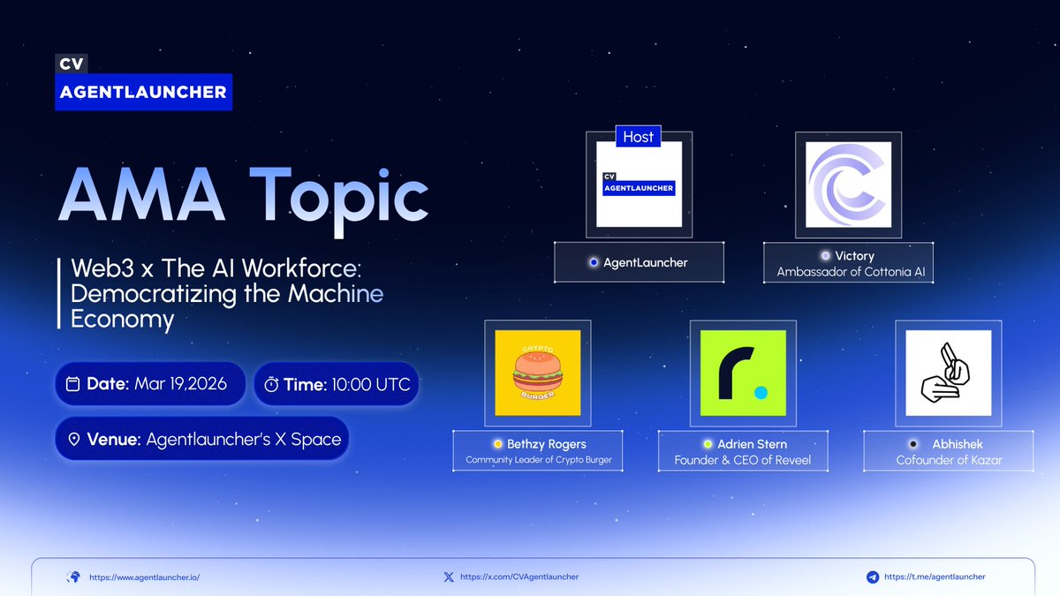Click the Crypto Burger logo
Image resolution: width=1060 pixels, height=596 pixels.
click(537, 373)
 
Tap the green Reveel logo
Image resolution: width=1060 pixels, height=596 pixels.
click(743, 373)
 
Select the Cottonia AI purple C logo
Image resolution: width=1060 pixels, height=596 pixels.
click(849, 185)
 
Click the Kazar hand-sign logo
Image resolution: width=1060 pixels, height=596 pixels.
click(948, 373)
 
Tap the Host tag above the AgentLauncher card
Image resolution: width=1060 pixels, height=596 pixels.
click(638, 137)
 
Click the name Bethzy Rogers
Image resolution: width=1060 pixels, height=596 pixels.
click(546, 444)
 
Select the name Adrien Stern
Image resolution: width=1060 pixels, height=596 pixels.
click(751, 444)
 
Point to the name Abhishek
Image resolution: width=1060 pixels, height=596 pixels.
click(958, 444)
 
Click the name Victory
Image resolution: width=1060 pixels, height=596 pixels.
click(854, 256)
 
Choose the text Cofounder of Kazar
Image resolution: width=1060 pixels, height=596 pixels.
click(949, 460)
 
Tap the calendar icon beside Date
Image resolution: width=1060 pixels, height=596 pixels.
click(73, 384)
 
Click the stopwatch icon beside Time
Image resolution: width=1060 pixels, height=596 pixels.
click(272, 384)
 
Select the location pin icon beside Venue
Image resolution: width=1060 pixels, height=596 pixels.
click(73, 439)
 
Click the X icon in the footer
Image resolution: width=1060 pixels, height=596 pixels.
click(449, 577)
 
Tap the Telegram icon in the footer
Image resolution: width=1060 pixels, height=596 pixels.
click(873, 577)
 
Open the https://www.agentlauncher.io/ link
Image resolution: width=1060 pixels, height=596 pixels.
click(145, 577)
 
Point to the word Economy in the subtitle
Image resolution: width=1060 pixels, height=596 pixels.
click(122, 320)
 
